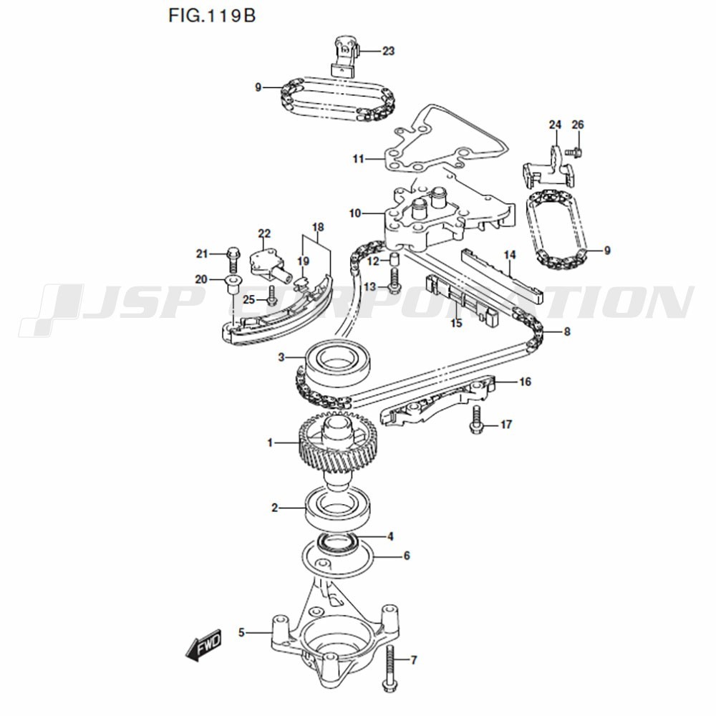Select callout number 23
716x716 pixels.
pyautogui.click(x=388, y=51)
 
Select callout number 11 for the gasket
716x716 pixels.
pyautogui.click(x=358, y=158)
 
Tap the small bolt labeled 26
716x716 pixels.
pyautogui.click(x=574, y=151)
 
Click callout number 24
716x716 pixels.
pyautogui.click(x=555, y=125)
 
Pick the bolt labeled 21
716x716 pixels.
pyautogui.click(x=232, y=261)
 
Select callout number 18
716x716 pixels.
pyautogui.click(x=318, y=228)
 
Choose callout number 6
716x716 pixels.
pyautogui.click(x=406, y=556)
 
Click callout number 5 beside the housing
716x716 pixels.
pyautogui.click(x=242, y=632)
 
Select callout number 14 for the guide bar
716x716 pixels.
pyautogui.click(x=510, y=255)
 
